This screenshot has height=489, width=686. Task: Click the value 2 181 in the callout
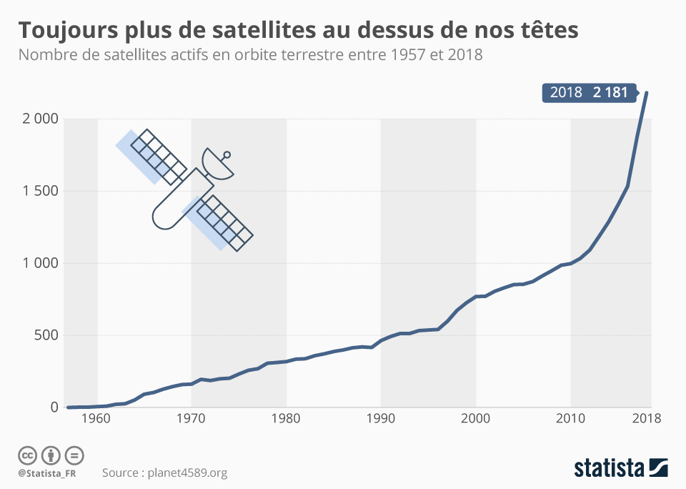[x=610, y=93]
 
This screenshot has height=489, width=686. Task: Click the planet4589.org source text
[x=185, y=473]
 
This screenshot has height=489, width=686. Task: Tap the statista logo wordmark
[x=609, y=469]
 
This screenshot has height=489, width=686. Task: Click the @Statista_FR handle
[x=48, y=473]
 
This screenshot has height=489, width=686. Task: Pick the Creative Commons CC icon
[x=27, y=455]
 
